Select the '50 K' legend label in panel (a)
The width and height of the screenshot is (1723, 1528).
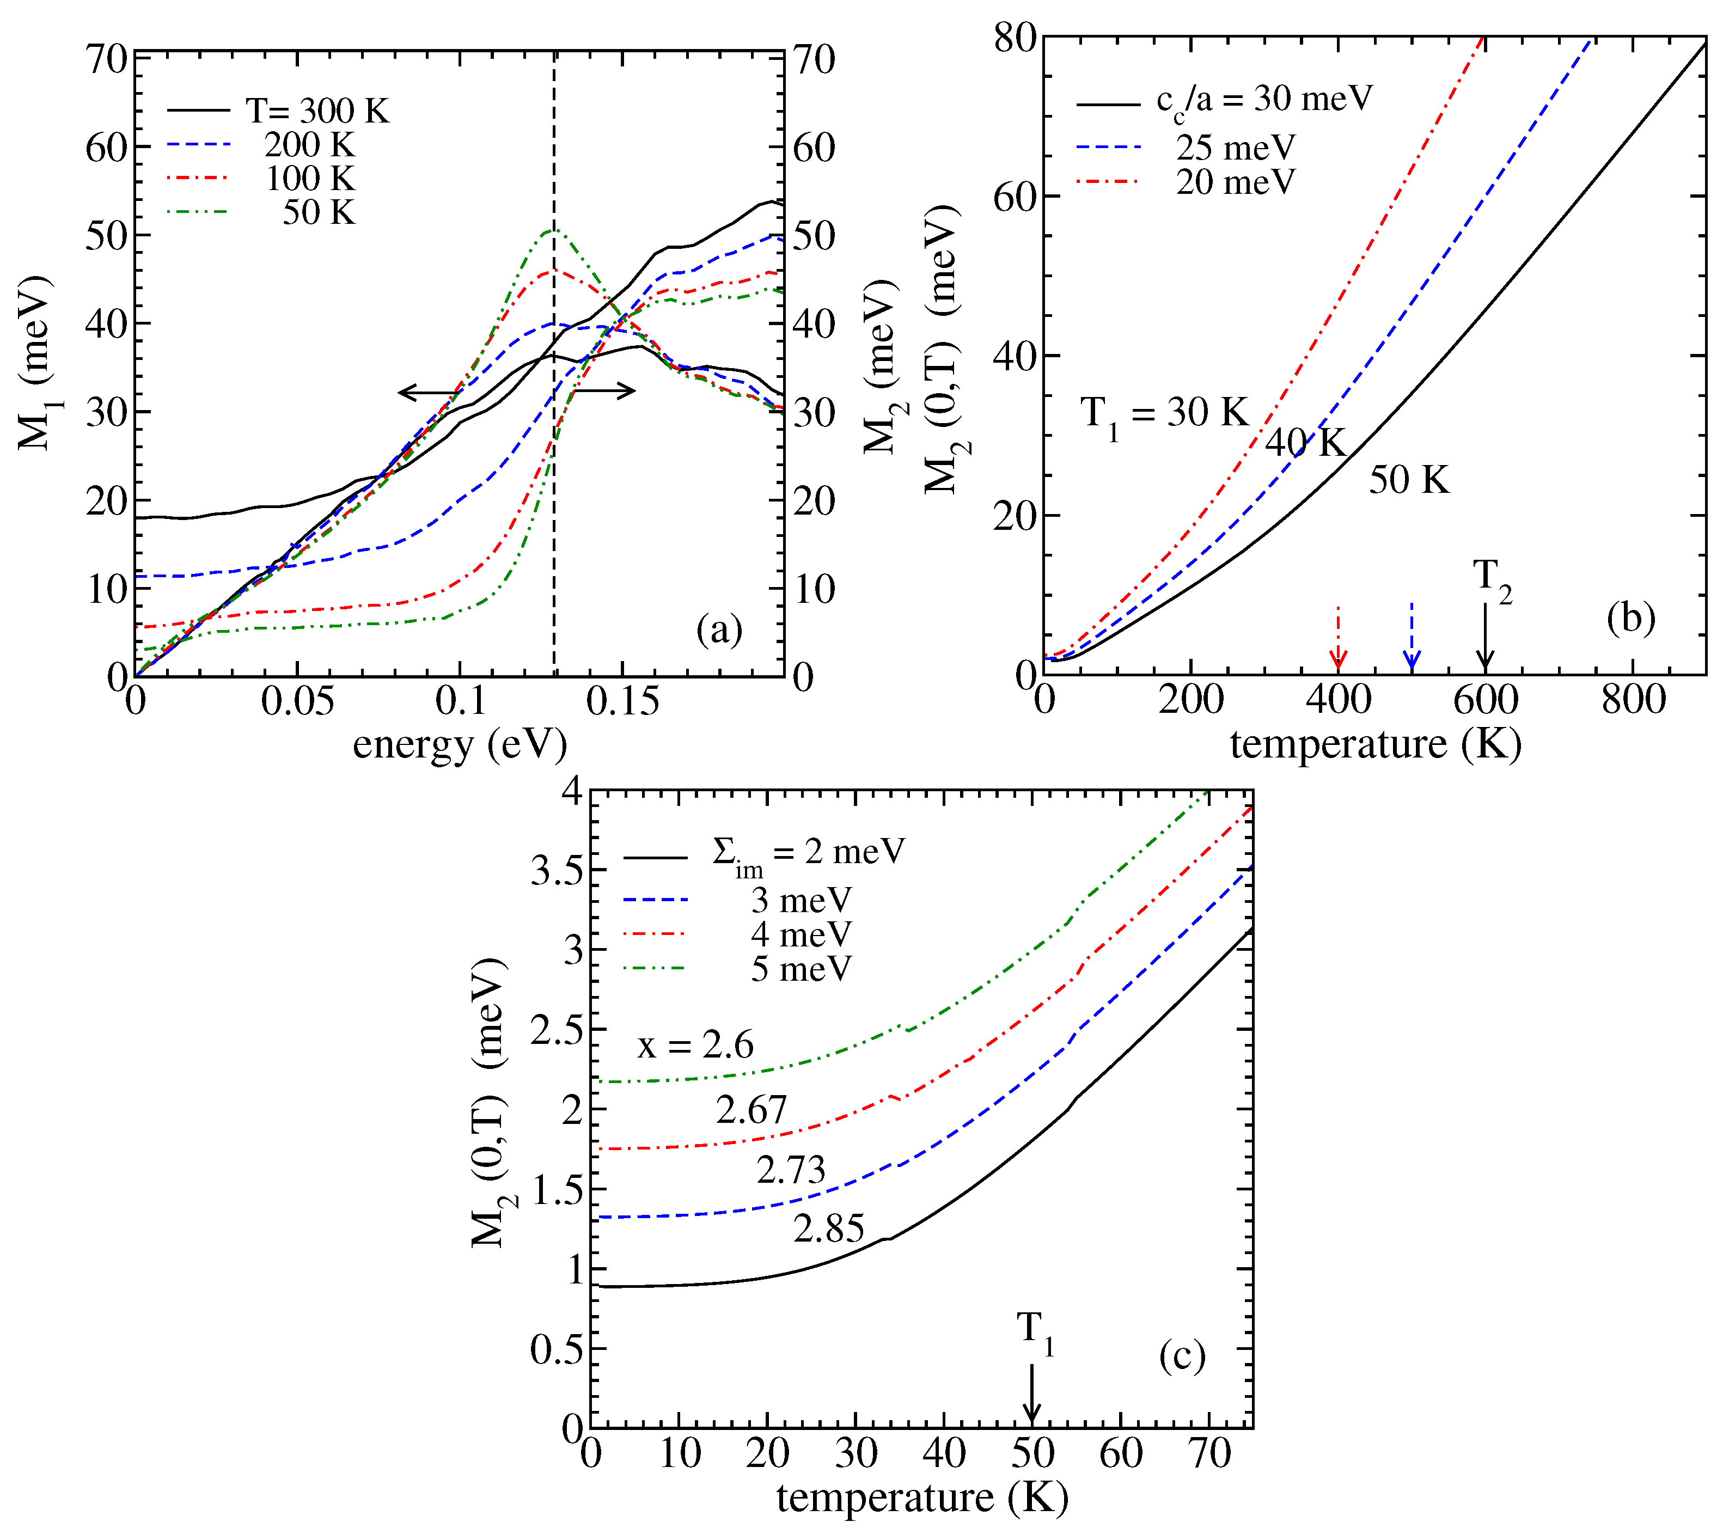pos(319,211)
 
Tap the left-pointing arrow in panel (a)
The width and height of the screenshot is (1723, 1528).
pos(430,392)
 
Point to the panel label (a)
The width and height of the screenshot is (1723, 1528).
pos(718,629)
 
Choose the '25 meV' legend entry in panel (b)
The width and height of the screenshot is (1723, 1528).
pos(1235,148)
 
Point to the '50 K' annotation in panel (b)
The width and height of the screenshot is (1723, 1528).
pos(1409,480)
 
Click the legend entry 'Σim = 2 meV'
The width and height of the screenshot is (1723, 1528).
pos(808,854)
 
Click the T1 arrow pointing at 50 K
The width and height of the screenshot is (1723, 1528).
pos(1032,1395)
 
